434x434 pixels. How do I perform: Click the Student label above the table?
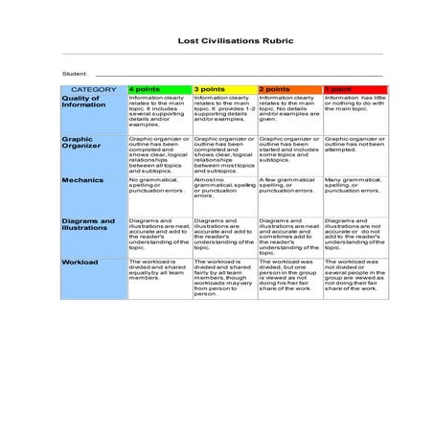[x=75, y=74]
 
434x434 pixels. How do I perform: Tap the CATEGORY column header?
[x=93, y=88]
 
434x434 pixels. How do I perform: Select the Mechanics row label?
[x=82, y=179]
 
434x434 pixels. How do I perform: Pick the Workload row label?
[x=80, y=261]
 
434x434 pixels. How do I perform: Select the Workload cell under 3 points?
[x=223, y=277]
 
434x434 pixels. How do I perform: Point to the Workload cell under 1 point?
[x=354, y=275]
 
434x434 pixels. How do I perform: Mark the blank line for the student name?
[x=240, y=75]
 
